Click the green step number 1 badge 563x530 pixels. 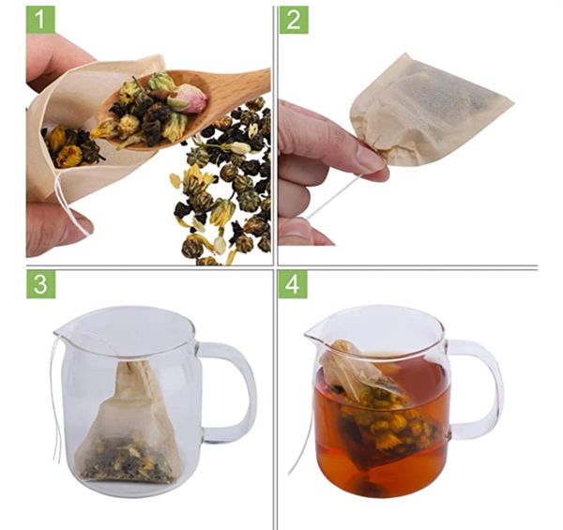[x=40, y=20]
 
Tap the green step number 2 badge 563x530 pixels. [x=294, y=20]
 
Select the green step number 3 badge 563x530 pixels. [x=41, y=284]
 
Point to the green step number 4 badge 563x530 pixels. [x=293, y=284]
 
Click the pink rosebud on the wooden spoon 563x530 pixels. [x=189, y=98]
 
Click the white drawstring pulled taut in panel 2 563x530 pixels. [x=335, y=197]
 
